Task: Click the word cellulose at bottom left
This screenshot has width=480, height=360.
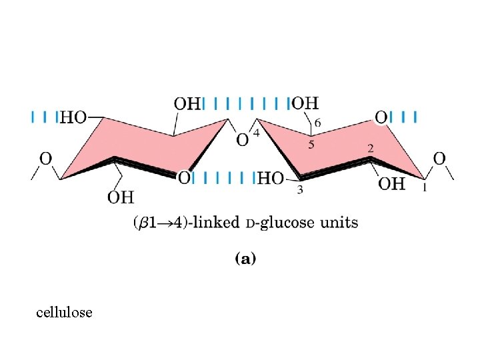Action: pos(65,312)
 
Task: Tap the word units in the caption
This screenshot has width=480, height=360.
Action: pos(339,222)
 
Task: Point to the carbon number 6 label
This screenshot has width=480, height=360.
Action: pos(317,123)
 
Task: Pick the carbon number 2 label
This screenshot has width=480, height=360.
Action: pos(370,148)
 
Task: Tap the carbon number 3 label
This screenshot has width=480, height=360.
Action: pos(300,191)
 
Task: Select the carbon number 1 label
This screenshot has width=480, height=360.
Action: pos(425,189)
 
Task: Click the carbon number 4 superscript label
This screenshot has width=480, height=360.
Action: pos(256,133)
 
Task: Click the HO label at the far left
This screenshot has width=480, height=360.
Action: pos(73,118)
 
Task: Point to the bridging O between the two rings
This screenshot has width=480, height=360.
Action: pos(243,139)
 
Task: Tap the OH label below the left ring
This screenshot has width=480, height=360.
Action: pos(121,197)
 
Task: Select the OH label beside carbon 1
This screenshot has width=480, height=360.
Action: pos(391,183)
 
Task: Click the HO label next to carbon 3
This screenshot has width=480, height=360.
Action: pos(270,178)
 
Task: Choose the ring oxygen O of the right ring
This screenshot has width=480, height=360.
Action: pos(381,117)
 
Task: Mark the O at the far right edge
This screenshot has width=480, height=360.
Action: pos(439,158)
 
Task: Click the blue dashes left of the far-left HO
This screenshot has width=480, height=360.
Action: pos(44,117)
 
